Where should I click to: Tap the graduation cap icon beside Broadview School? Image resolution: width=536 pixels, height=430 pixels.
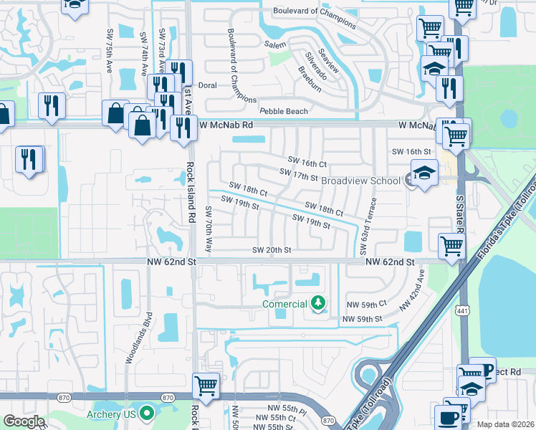(x=424, y=173)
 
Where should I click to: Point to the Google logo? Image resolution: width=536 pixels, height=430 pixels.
(x=24, y=421)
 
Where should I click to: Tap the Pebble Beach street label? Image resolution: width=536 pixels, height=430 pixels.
(x=284, y=111)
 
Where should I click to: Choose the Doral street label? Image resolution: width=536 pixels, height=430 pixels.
(x=207, y=85)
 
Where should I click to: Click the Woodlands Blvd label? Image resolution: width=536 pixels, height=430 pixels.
(x=137, y=336)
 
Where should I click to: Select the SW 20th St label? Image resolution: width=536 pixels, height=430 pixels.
(x=272, y=250)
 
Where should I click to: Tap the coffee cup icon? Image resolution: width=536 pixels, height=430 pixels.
(x=449, y=417)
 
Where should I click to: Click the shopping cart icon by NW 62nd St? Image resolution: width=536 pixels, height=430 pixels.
(x=451, y=245)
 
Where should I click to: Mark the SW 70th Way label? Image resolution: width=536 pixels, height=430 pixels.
(x=209, y=229)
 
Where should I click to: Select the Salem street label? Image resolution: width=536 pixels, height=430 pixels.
(x=275, y=44)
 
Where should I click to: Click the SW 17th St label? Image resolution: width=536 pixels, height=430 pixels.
(x=299, y=174)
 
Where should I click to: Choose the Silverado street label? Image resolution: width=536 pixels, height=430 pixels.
(x=316, y=65)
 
